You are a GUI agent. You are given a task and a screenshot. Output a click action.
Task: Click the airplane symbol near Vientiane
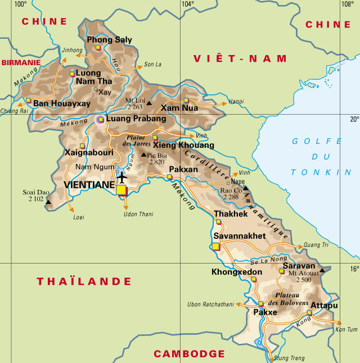[x=121, y=176]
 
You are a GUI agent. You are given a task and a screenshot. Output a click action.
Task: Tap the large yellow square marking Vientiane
[x=121, y=190]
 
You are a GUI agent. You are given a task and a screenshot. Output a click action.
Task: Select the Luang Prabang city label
[x=136, y=119]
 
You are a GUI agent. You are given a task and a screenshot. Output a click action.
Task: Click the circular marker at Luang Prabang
[x=101, y=119]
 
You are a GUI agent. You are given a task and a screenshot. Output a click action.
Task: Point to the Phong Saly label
[x=109, y=40]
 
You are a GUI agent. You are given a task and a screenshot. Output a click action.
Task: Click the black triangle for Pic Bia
[x=143, y=155]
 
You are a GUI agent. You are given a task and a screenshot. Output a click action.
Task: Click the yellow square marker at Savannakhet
[x=216, y=246]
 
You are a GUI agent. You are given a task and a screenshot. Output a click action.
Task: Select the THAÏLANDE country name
[x=84, y=282]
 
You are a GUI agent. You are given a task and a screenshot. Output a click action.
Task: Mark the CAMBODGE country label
[x=189, y=353]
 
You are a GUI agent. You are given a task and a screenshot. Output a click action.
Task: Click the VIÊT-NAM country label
[x=240, y=58]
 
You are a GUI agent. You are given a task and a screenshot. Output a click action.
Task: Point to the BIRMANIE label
[x=21, y=62]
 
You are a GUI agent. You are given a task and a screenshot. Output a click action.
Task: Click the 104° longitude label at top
[x=187, y=4]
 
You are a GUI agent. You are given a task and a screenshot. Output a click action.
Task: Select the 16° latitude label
[x=354, y=269]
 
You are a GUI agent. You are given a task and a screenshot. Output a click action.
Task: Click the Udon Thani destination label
[x=138, y=214]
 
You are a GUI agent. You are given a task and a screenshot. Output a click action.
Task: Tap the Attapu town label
[x=324, y=305]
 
